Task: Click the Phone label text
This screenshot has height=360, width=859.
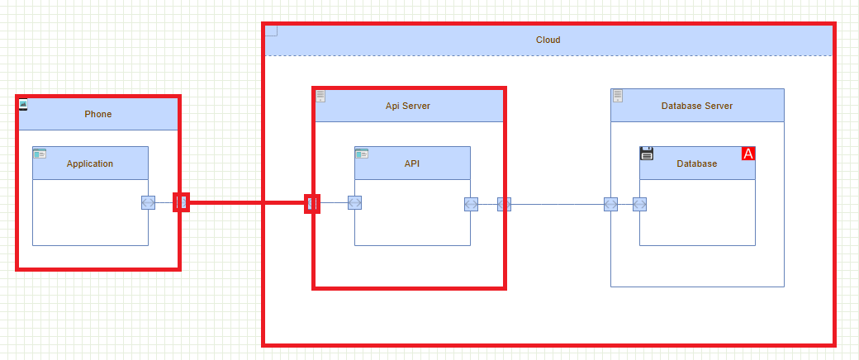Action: click(97, 114)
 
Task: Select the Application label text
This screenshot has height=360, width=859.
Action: click(90, 163)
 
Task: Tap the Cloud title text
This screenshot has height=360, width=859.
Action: click(548, 40)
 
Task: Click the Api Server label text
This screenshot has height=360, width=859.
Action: click(408, 106)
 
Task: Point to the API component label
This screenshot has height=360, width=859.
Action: click(412, 163)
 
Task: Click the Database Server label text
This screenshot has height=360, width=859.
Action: click(697, 106)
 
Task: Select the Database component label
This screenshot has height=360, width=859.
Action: click(697, 163)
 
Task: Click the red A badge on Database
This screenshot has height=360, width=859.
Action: click(748, 154)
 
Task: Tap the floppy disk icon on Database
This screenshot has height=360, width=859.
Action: click(647, 153)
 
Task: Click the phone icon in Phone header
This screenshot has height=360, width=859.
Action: click(23, 103)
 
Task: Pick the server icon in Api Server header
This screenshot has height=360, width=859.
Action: click(320, 96)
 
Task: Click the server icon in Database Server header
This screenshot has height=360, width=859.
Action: click(617, 96)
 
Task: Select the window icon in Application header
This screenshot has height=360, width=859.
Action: click(40, 153)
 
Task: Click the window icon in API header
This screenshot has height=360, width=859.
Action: click(362, 153)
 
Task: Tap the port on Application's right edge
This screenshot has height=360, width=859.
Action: click(148, 202)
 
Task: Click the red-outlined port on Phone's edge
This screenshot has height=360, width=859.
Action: click(181, 202)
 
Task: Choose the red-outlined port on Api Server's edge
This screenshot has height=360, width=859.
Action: click(312, 202)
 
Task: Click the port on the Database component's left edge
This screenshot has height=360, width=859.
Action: click(639, 204)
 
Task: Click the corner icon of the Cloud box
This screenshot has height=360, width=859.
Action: click(272, 31)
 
